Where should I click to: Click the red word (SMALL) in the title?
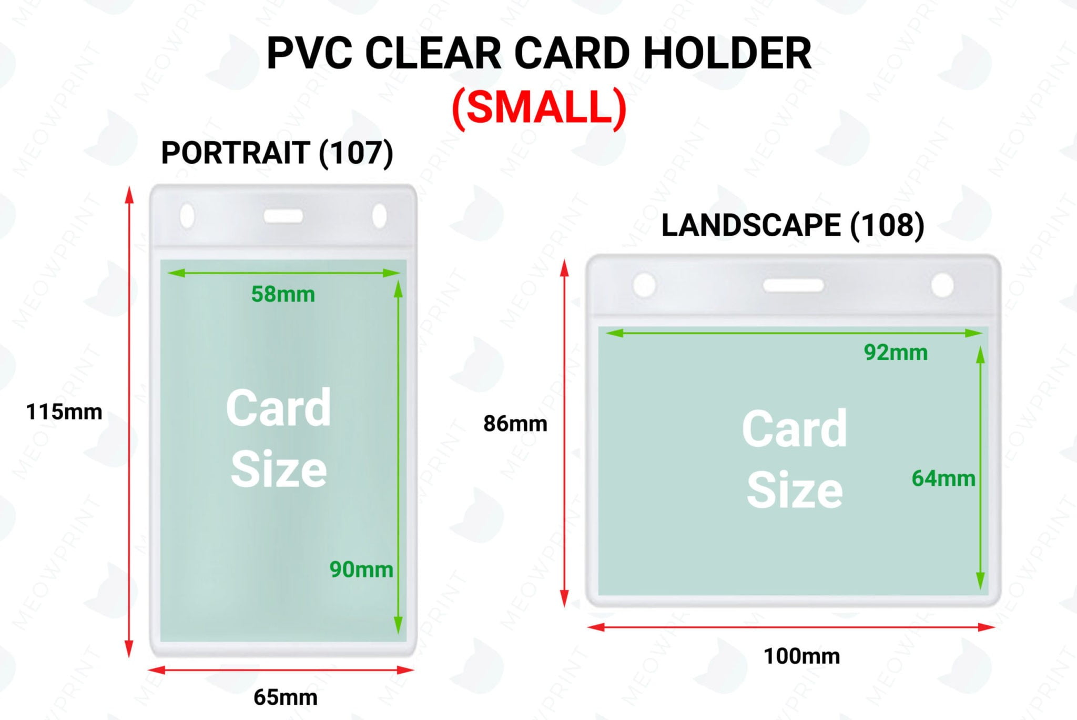tap(539, 107)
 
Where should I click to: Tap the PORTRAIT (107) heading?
tap(277, 153)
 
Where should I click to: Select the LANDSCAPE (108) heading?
tap(792, 225)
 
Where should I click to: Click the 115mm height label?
tap(64, 412)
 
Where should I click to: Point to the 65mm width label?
tap(286, 697)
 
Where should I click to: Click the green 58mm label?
tap(283, 294)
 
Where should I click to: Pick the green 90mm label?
tap(361, 569)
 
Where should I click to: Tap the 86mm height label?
tap(515, 424)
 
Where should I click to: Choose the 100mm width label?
tap(801, 656)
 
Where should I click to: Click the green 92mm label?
tap(896, 353)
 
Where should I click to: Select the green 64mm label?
tap(943, 478)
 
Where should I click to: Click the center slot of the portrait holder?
tap(283, 216)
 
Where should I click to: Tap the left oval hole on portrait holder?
tap(187, 216)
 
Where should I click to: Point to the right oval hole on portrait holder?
tap(379, 216)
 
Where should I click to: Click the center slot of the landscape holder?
tap(793, 285)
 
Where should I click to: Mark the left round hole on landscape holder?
tap(644, 285)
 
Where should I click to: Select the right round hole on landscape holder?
tap(942, 285)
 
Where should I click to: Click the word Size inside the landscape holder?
tap(795, 491)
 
